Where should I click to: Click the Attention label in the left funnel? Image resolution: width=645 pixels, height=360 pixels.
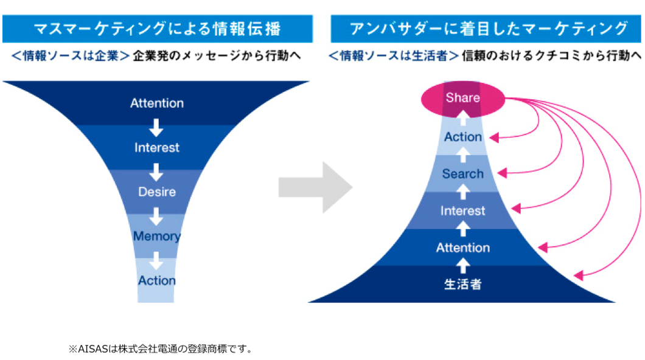click(x=157, y=103)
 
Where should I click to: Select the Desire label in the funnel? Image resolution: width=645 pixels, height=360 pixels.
click(x=157, y=192)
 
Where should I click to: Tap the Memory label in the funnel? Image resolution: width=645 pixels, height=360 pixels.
click(x=157, y=237)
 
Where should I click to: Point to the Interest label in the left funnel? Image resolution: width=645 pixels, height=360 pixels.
click(x=157, y=148)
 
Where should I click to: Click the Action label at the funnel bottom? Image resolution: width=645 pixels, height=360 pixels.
click(x=157, y=281)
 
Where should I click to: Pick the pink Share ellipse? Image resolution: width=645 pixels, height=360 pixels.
click(x=463, y=98)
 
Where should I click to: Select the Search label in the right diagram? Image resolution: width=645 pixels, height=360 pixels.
click(x=463, y=174)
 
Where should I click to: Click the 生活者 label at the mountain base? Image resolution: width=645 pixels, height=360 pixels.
click(x=463, y=283)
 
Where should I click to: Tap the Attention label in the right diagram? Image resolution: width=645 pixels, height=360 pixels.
click(x=463, y=247)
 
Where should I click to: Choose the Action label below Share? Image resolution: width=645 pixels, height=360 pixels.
click(x=463, y=137)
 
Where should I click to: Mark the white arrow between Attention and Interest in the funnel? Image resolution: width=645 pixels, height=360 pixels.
click(x=157, y=126)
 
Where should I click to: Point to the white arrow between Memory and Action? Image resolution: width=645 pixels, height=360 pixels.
click(x=157, y=260)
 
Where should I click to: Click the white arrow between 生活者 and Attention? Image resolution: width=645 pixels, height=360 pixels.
click(x=463, y=265)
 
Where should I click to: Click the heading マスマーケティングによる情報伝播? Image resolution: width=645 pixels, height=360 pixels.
click(x=158, y=29)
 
